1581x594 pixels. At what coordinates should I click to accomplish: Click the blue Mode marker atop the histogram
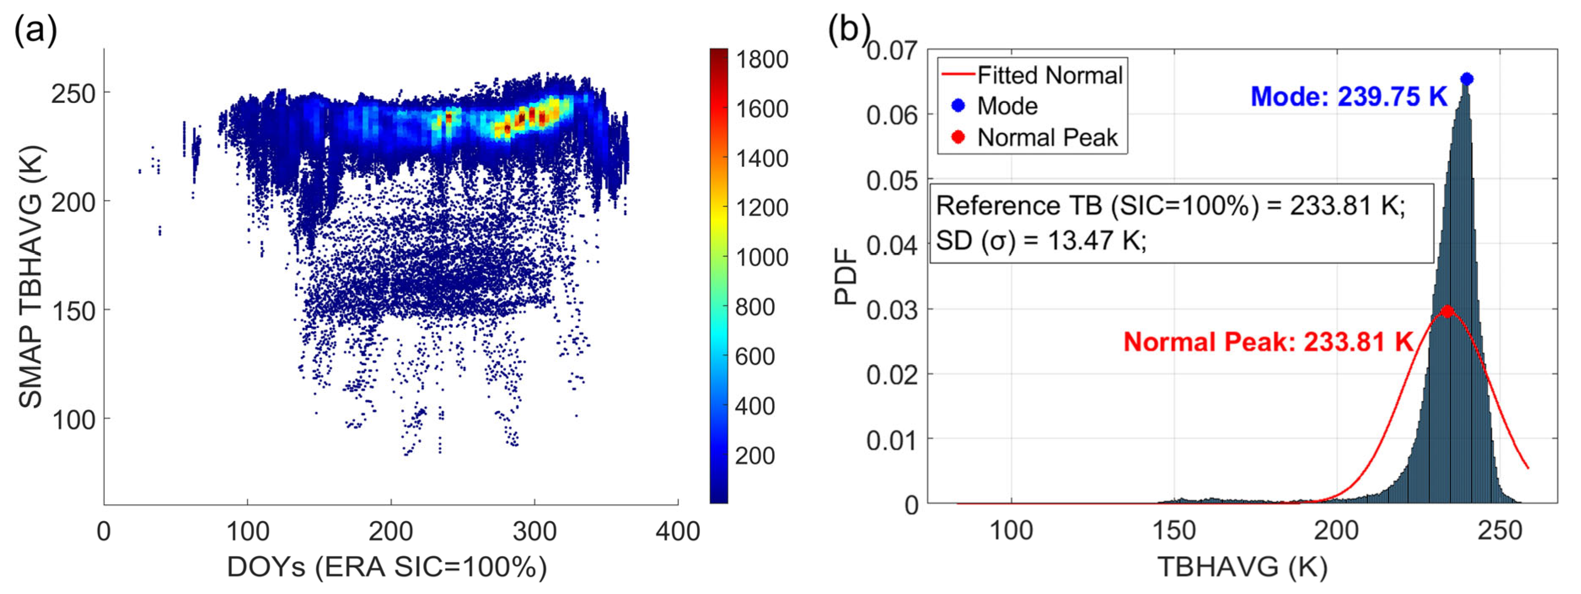point(1466,78)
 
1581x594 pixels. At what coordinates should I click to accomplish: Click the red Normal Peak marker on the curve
point(1447,311)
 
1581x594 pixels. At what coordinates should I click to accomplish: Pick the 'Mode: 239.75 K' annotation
point(1348,96)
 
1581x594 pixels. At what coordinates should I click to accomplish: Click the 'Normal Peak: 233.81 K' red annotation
point(1268,342)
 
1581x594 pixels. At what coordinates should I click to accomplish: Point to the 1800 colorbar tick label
point(762,59)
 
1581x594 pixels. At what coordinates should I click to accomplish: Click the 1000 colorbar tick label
point(762,257)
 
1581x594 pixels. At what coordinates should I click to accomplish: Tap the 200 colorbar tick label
point(755,455)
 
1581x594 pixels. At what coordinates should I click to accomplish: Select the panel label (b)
point(849,28)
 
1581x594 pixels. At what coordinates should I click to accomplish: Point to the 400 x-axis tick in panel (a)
point(677,531)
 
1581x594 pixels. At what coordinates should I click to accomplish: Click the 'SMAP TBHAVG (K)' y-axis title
point(31,276)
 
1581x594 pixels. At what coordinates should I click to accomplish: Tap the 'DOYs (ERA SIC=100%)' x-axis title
point(387,567)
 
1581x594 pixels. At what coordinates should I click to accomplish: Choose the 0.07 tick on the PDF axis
point(891,50)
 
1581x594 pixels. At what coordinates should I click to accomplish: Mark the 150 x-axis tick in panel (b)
point(1174,531)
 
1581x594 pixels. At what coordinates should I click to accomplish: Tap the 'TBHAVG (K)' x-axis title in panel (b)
point(1242,567)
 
